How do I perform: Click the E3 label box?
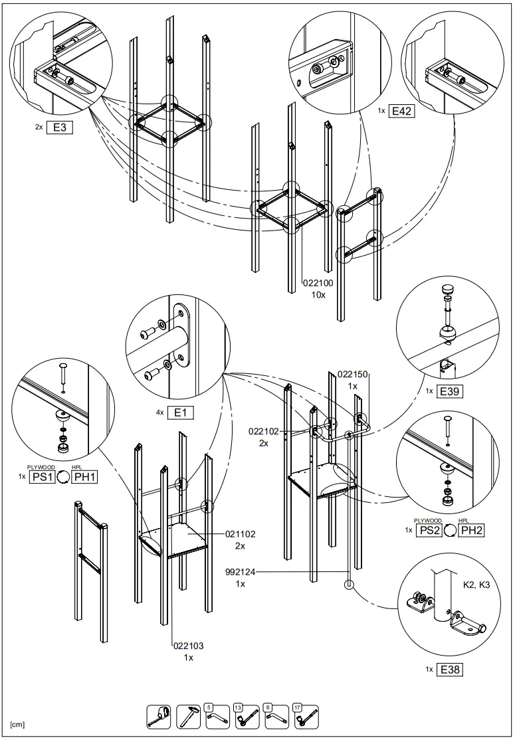(58, 128)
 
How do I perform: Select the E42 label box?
(401, 111)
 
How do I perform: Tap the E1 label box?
(180, 413)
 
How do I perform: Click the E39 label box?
(450, 391)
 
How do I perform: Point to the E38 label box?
(450, 670)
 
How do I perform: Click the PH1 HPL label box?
(84, 476)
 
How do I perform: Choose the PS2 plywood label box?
(429, 529)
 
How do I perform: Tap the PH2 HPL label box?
(471, 529)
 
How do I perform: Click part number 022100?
(318, 282)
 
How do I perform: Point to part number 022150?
(353, 375)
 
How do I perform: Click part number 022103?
(188, 645)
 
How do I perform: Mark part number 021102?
(240, 533)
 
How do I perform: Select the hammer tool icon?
(187, 715)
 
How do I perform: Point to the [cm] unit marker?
(18, 724)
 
